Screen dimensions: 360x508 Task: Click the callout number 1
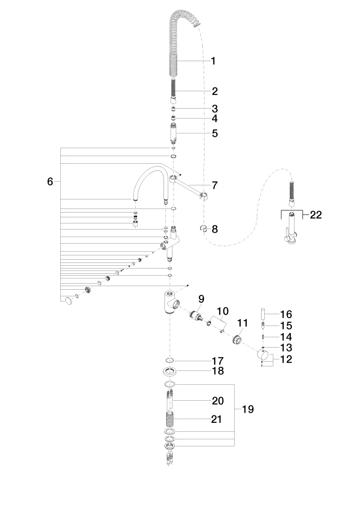click(213, 61)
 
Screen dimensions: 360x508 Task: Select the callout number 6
click(50, 182)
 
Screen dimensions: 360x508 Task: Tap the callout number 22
click(316, 214)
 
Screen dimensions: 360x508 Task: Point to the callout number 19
click(248, 409)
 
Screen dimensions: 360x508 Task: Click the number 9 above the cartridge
click(201, 299)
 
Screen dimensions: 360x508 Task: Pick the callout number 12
click(286, 359)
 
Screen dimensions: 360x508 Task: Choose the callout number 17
click(218, 361)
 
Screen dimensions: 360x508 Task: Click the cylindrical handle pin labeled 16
click(263, 314)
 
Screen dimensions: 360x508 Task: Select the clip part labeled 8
click(204, 229)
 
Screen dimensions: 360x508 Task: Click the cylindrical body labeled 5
click(173, 133)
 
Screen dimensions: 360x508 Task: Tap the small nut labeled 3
click(174, 109)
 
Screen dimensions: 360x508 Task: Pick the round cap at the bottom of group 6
click(68, 301)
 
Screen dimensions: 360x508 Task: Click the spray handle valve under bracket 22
click(290, 230)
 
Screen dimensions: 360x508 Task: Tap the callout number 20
click(218, 401)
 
